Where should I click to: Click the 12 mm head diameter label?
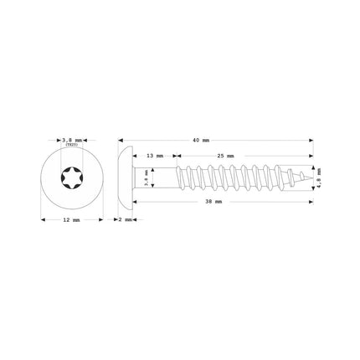(x=70, y=219)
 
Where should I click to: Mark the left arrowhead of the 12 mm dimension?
(x=43, y=219)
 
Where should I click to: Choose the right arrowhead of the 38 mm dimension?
(x=311, y=202)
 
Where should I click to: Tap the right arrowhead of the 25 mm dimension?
(x=311, y=156)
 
